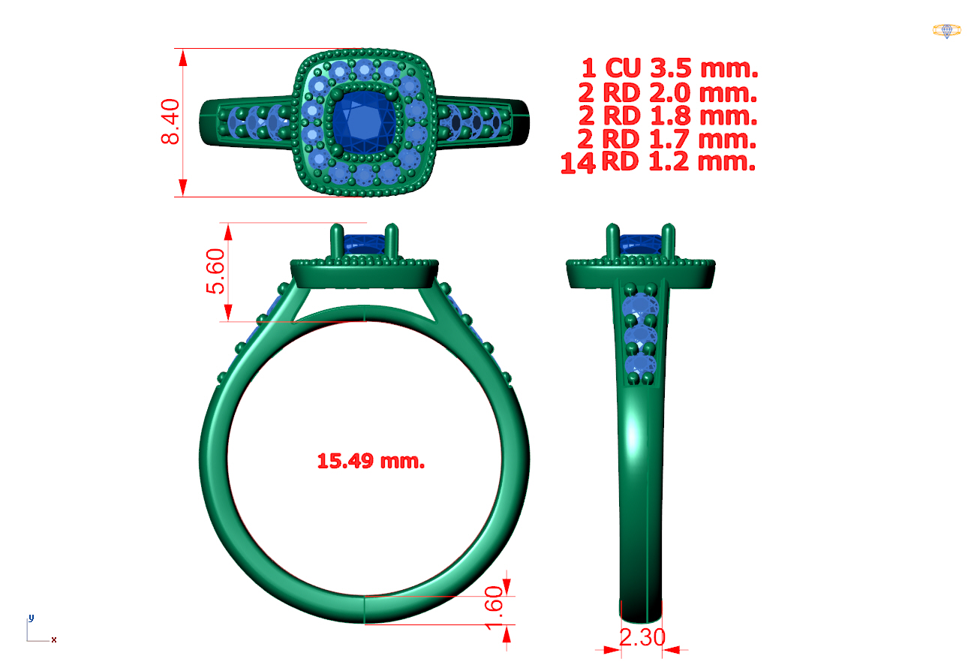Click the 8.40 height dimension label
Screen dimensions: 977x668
(x=170, y=122)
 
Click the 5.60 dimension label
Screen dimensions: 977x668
(x=215, y=271)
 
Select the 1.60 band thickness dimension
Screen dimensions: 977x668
(x=495, y=608)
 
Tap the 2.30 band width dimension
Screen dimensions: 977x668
(x=642, y=637)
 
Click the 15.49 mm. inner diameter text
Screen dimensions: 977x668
(x=371, y=461)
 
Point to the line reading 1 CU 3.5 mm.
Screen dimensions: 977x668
(x=670, y=68)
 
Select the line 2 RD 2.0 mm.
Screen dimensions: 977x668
(x=668, y=93)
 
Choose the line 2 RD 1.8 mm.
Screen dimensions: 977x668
(x=668, y=116)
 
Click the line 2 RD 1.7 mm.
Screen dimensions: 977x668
(x=667, y=139)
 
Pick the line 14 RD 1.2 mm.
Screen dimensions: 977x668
(x=658, y=162)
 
